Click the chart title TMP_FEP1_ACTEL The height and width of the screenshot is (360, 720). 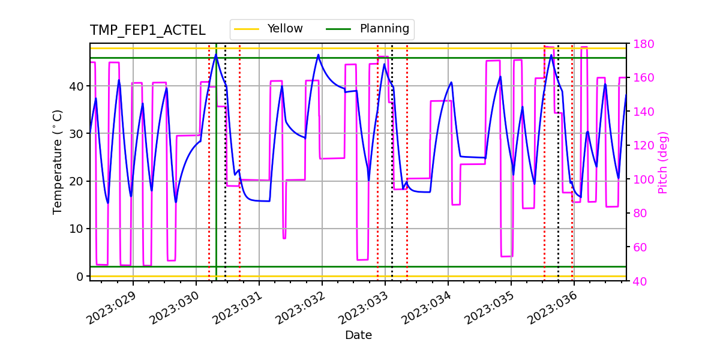[x=148, y=31]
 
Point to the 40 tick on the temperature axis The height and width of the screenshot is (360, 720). [x=77, y=86]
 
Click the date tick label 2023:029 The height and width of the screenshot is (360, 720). [x=111, y=308]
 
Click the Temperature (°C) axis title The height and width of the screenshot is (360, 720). [x=58, y=161]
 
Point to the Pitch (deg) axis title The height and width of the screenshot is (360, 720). [x=663, y=162]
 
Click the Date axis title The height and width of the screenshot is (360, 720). [x=358, y=335]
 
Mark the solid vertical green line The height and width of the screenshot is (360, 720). [x=216, y=180]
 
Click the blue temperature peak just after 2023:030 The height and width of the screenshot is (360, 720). [x=216, y=55]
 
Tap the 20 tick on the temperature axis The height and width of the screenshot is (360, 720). [x=77, y=181]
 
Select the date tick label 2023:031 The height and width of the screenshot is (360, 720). [x=237, y=308]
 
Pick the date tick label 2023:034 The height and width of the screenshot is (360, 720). [x=426, y=308]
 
